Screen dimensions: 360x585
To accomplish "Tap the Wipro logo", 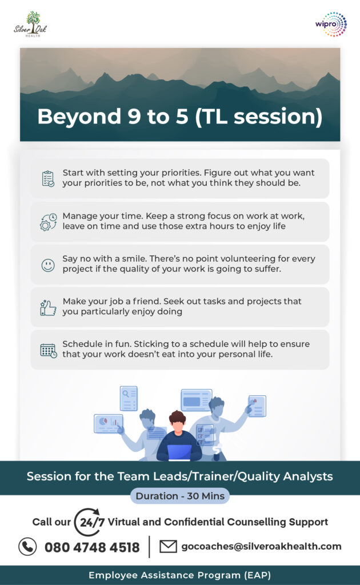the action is tap(331, 24).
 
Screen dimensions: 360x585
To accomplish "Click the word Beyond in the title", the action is tap(79, 117).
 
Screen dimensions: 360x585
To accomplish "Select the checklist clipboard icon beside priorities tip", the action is tap(48, 179).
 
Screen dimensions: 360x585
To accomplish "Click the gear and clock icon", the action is tap(48, 222).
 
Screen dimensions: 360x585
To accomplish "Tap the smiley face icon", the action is tap(48, 265).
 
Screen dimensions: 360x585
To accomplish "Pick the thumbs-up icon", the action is tap(48, 308).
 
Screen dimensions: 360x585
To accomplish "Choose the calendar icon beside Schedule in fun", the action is tap(49, 351).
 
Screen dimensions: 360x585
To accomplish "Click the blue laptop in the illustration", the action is tap(179, 452).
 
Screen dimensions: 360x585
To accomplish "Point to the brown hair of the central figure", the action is tap(177, 416).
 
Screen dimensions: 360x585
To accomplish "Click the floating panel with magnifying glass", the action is tap(129, 398).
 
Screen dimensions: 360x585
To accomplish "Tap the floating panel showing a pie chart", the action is tap(108, 423).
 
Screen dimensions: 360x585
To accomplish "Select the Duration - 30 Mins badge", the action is tap(180, 496).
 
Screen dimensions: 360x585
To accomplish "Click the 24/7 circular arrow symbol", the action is tap(89, 522).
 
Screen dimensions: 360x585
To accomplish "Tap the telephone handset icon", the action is tap(27, 547).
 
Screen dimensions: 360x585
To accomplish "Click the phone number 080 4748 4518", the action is tap(92, 547).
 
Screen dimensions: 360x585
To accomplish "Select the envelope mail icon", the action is tap(168, 547).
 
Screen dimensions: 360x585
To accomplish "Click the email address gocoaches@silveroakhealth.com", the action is tap(261, 547).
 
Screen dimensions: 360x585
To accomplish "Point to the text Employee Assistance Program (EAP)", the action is tap(180, 575).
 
